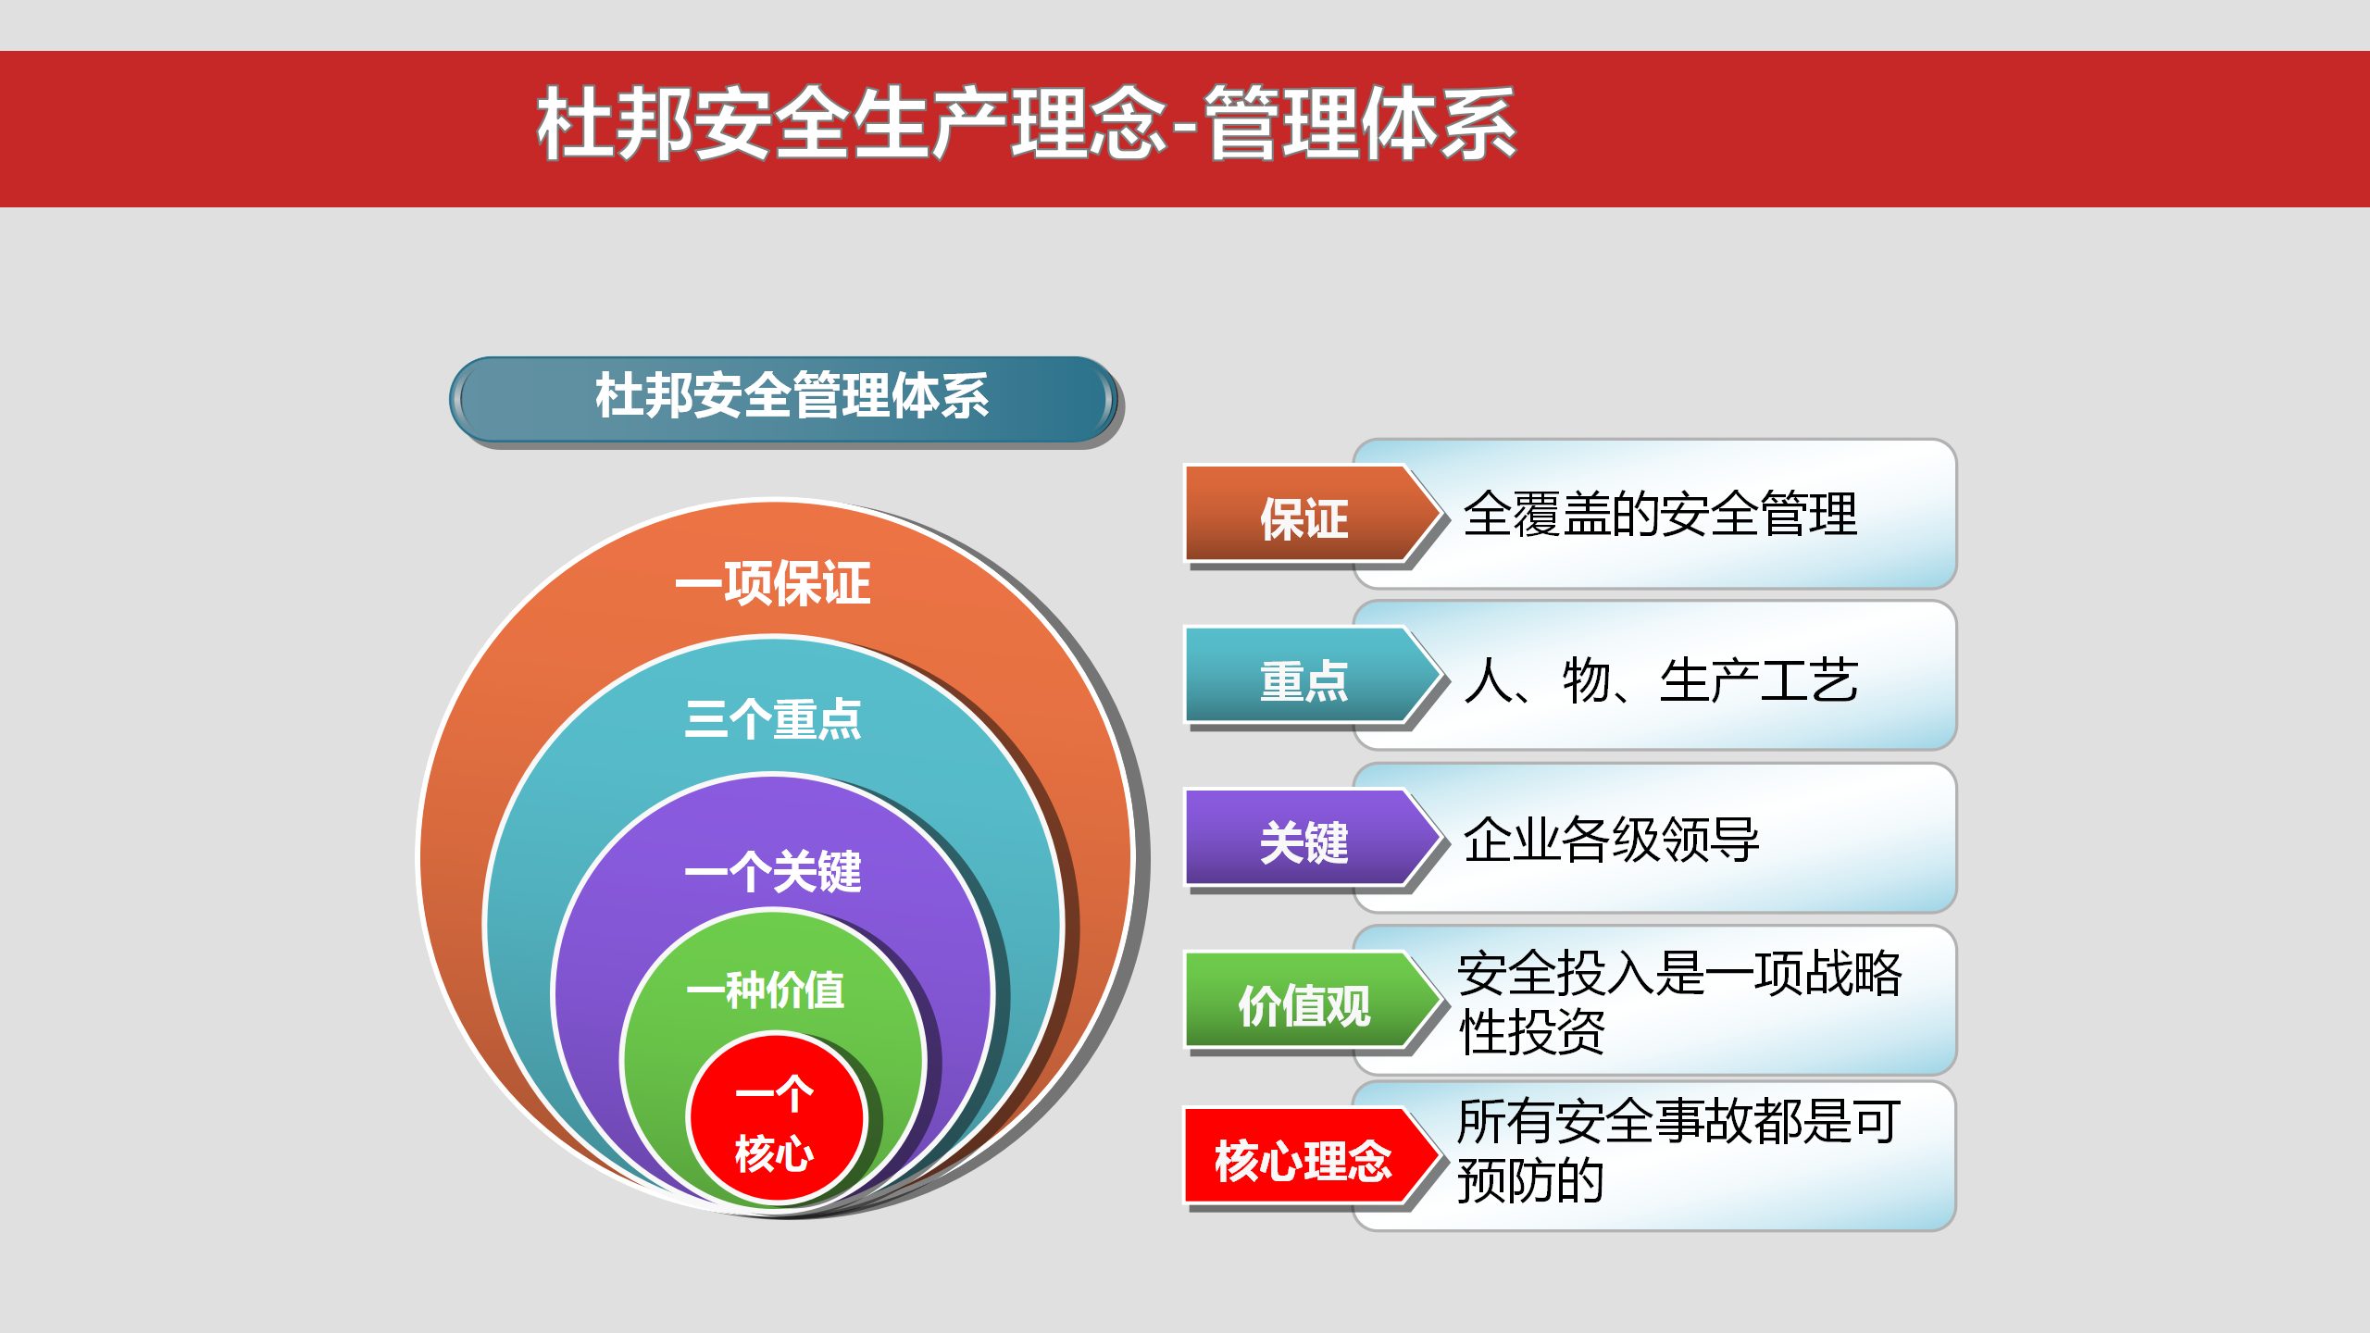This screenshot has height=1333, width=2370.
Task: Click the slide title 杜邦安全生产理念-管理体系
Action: (x=1027, y=123)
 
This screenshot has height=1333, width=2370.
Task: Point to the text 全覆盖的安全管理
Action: (x=1660, y=514)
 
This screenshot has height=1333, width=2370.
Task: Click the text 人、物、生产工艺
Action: (x=1661, y=680)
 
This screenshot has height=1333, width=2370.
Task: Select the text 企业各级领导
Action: (x=1611, y=840)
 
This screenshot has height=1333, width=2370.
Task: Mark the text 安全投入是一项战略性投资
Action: (x=1679, y=1002)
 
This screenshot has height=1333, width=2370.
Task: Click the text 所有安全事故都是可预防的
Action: (x=1679, y=1151)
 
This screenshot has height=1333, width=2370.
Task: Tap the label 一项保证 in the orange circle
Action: (x=773, y=583)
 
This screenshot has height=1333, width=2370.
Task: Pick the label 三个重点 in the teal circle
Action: (x=773, y=719)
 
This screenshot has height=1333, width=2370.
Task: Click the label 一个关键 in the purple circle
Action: (x=773, y=872)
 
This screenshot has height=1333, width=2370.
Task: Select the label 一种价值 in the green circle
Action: (x=766, y=990)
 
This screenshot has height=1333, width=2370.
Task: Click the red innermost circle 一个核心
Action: (x=776, y=1118)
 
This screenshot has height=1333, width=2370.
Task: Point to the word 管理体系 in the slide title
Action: (x=1360, y=123)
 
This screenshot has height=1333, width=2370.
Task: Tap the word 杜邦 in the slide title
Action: (x=615, y=123)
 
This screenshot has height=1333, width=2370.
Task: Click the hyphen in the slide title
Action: (x=1186, y=127)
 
